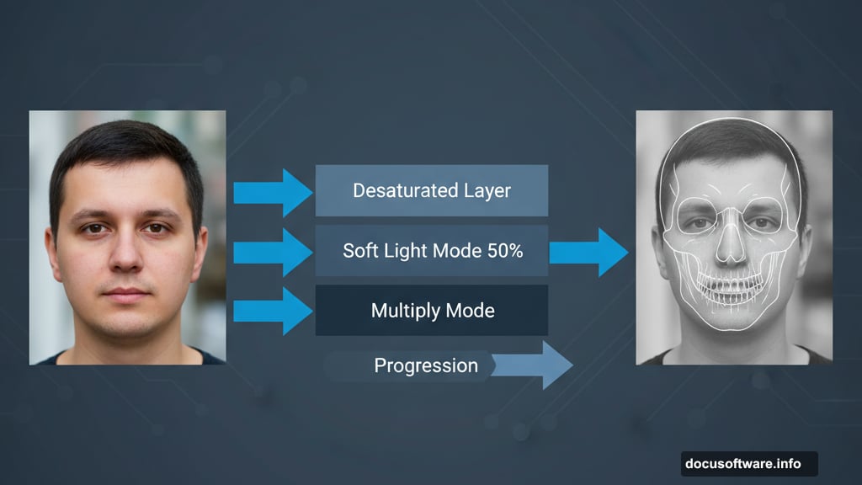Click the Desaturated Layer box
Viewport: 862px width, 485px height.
431,190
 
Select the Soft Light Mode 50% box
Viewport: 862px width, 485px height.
431,250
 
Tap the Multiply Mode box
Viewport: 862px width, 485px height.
431,310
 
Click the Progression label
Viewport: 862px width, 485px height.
425,365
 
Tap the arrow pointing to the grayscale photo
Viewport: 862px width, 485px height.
588,252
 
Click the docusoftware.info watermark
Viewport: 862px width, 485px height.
748,464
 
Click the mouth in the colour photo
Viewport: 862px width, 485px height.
126,294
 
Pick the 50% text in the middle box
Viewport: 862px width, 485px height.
504,251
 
